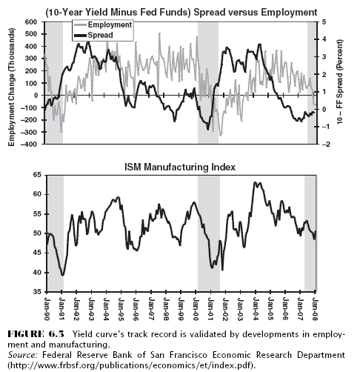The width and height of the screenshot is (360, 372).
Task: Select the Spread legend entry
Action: pos(94,35)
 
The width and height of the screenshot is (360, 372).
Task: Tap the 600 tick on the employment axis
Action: pos(31,22)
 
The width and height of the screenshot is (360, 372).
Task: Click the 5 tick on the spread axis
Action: pos(324,22)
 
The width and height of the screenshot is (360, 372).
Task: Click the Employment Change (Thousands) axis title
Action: pos(11,87)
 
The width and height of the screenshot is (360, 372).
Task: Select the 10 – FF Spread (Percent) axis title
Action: pos(340,82)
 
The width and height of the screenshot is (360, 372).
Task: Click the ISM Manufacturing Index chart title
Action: pos(180,167)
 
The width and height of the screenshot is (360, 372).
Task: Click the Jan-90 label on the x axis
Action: pos(47,309)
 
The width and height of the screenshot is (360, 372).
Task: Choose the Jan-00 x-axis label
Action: pos(196,309)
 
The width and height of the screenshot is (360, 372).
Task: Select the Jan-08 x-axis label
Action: pos(315,309)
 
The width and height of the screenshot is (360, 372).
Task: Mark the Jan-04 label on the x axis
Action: pos(256,309)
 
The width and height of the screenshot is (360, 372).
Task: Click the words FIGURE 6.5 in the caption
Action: pos(36,334)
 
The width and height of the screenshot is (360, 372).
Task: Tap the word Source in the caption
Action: pos(23,355)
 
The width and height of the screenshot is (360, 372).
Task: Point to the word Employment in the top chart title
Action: pos(289,12)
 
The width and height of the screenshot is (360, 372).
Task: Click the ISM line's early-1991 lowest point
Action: pos(63,275)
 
